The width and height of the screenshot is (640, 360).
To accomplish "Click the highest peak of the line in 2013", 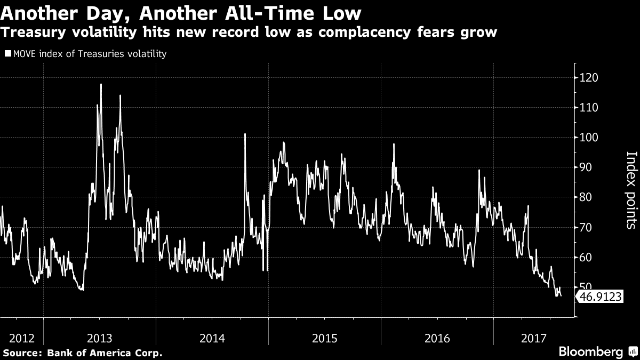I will click(x=101, y=84).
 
